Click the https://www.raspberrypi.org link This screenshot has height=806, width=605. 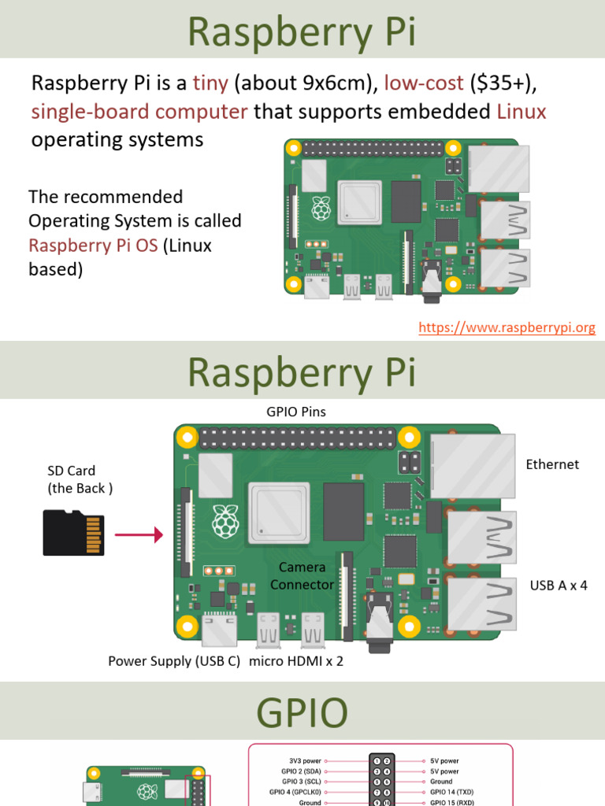pos(507,327)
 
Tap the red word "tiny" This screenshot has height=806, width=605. pos(210,83)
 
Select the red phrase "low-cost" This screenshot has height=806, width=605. pos(423,83)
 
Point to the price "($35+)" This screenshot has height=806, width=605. pos(504,83)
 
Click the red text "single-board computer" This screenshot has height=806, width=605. pos(139,111)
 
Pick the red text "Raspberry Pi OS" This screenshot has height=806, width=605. pos(93,245)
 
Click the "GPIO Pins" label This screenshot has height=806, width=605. pos(295,412)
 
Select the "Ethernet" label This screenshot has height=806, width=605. pos(552,464)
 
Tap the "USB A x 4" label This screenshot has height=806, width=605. pos(559,585)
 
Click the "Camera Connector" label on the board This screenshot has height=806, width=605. pos(302,576)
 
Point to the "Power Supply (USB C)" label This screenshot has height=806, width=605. pos(173,661)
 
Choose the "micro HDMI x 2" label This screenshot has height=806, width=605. pos(296,661)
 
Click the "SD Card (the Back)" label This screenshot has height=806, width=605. pos(80,479)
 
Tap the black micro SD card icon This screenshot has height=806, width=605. pos(73,533)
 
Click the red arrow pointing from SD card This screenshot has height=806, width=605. pos(139,535)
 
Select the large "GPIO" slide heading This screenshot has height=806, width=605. pos(302,713)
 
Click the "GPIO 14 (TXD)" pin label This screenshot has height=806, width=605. pos(452,792)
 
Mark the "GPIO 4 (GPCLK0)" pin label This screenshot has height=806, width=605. pos(295,792)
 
